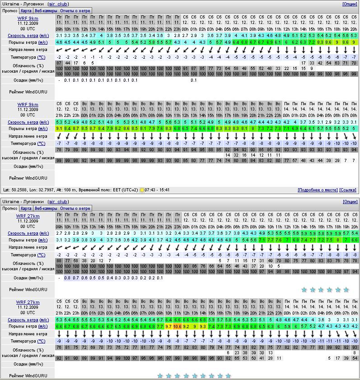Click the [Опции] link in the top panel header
pos(350,4)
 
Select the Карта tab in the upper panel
pos(26,10)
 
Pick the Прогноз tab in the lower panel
pos(10,209)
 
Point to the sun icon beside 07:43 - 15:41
pos(142,190)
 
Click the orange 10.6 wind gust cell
pos(177,326)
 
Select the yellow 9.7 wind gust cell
pos(168,326)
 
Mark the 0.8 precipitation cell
pos(68,278)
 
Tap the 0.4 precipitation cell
pos(110,278)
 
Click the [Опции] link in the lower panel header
pos(350,202)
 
